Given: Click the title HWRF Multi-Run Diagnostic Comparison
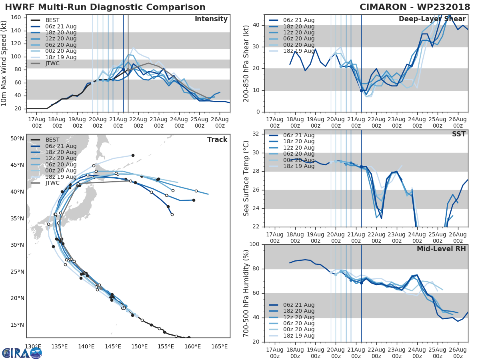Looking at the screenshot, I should [x=105, y=7].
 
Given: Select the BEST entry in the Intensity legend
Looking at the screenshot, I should [x=52, y=20].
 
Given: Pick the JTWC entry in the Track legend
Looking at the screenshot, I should [x=52, y=183].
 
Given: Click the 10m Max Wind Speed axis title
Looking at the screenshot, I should [x=4, y=63].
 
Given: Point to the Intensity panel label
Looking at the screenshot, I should [x=211, y=19].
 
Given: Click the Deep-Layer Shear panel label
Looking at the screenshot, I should [x=432, y=19].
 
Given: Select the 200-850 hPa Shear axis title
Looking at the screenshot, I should [x=246, y=63].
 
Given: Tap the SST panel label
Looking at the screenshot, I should [x=458, y=134].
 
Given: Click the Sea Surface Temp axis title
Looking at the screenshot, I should [x=246, y=178].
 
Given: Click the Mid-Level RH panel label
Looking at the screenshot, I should [x=441, y=249].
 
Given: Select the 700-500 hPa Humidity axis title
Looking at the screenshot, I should [x=246, y=293].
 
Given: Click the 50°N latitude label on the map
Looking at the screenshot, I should [x=17, y=139].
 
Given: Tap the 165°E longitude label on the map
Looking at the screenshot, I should [x=219, y=346].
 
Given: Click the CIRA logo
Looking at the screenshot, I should [x=22, y=353].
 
